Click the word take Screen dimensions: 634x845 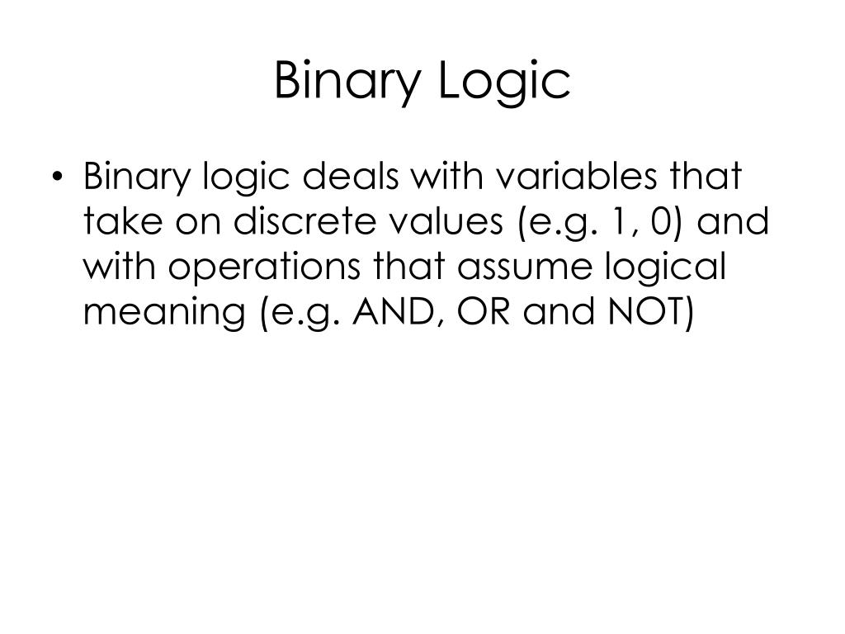point(117,223)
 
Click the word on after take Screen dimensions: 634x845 point(182,223)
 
